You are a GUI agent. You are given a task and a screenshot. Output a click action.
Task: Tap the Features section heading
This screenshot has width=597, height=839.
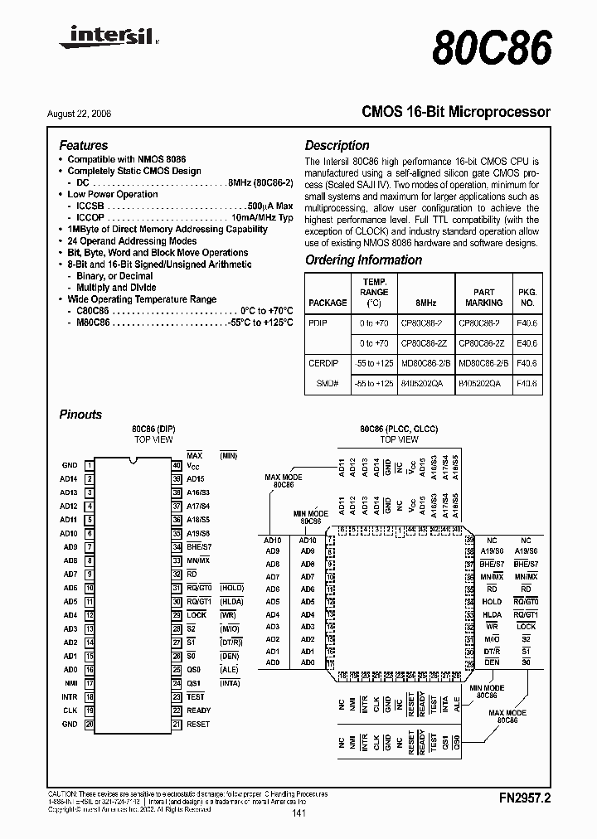tap(84, 145)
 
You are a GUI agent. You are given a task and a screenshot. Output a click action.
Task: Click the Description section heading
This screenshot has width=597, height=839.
tap(337, 145)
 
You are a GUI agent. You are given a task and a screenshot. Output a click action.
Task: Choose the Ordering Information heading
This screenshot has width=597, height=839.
tap(363, 259)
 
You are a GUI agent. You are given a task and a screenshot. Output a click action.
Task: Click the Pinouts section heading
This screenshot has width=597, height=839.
tap(80, 415)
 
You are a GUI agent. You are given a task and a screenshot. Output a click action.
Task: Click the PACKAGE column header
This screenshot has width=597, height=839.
tap(327, 303)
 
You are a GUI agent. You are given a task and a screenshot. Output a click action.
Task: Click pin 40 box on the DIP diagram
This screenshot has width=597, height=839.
tap(177, 466)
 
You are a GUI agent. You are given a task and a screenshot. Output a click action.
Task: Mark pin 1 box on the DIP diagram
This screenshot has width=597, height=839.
tap(89, 466)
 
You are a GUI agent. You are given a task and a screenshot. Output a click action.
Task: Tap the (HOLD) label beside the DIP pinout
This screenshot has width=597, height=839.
tap(231, 588)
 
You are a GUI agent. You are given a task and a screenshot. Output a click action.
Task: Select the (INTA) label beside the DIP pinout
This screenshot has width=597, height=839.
tap(229, 683)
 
